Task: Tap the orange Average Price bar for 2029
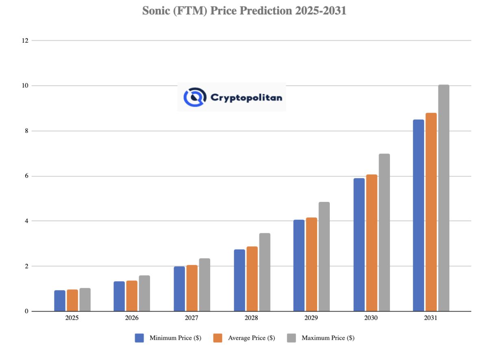(x=312, y=265)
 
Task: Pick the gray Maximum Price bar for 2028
(x=265, y=272)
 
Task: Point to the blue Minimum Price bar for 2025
(x=60, y=301)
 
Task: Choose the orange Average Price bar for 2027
(x=192, y=288)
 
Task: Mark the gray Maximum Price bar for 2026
(x=144, y=293)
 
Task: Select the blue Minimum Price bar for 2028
(x=240, y=280)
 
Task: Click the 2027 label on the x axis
(x=192, y=318)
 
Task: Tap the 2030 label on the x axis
(x=371, y=318)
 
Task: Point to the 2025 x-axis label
(x=72, y=318)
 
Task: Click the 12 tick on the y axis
(x=25, y=41)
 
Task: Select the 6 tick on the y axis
(x=26, y=176)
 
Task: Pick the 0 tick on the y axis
(x=26, y=311)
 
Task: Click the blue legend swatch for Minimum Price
(x=139, y=338)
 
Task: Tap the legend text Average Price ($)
(x=251, y=338)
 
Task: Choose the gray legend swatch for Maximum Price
(x=292, y=338)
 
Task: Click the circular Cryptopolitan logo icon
(x=195, y=97)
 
